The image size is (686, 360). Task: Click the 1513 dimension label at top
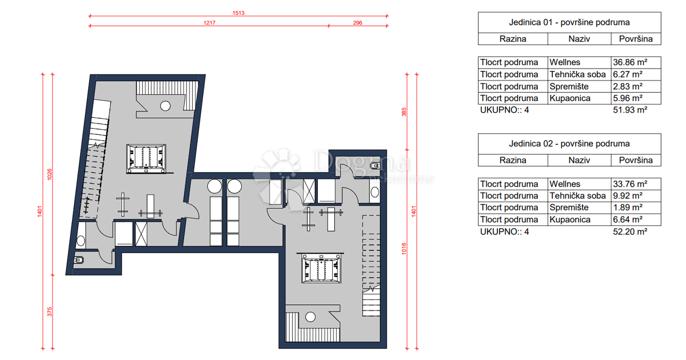pyautogui.click(x=238, y=13)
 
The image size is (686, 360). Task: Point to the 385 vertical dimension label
pyautogui.click(x=404, y=113)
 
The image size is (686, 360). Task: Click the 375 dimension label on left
pyautogui.click(x=50, y=311)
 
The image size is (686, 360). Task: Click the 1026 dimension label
pyautogui.click(x=50, y=174)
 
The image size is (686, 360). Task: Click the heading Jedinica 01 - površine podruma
pyautogui.click(x=569, y=22)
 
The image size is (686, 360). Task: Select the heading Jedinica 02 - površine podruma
pyautogui.click(x=569, y=143)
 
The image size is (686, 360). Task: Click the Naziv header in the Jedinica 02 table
pyautogui.click(x=579, y=160)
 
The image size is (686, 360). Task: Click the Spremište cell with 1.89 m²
pyautogui.click(x=568, y=208)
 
